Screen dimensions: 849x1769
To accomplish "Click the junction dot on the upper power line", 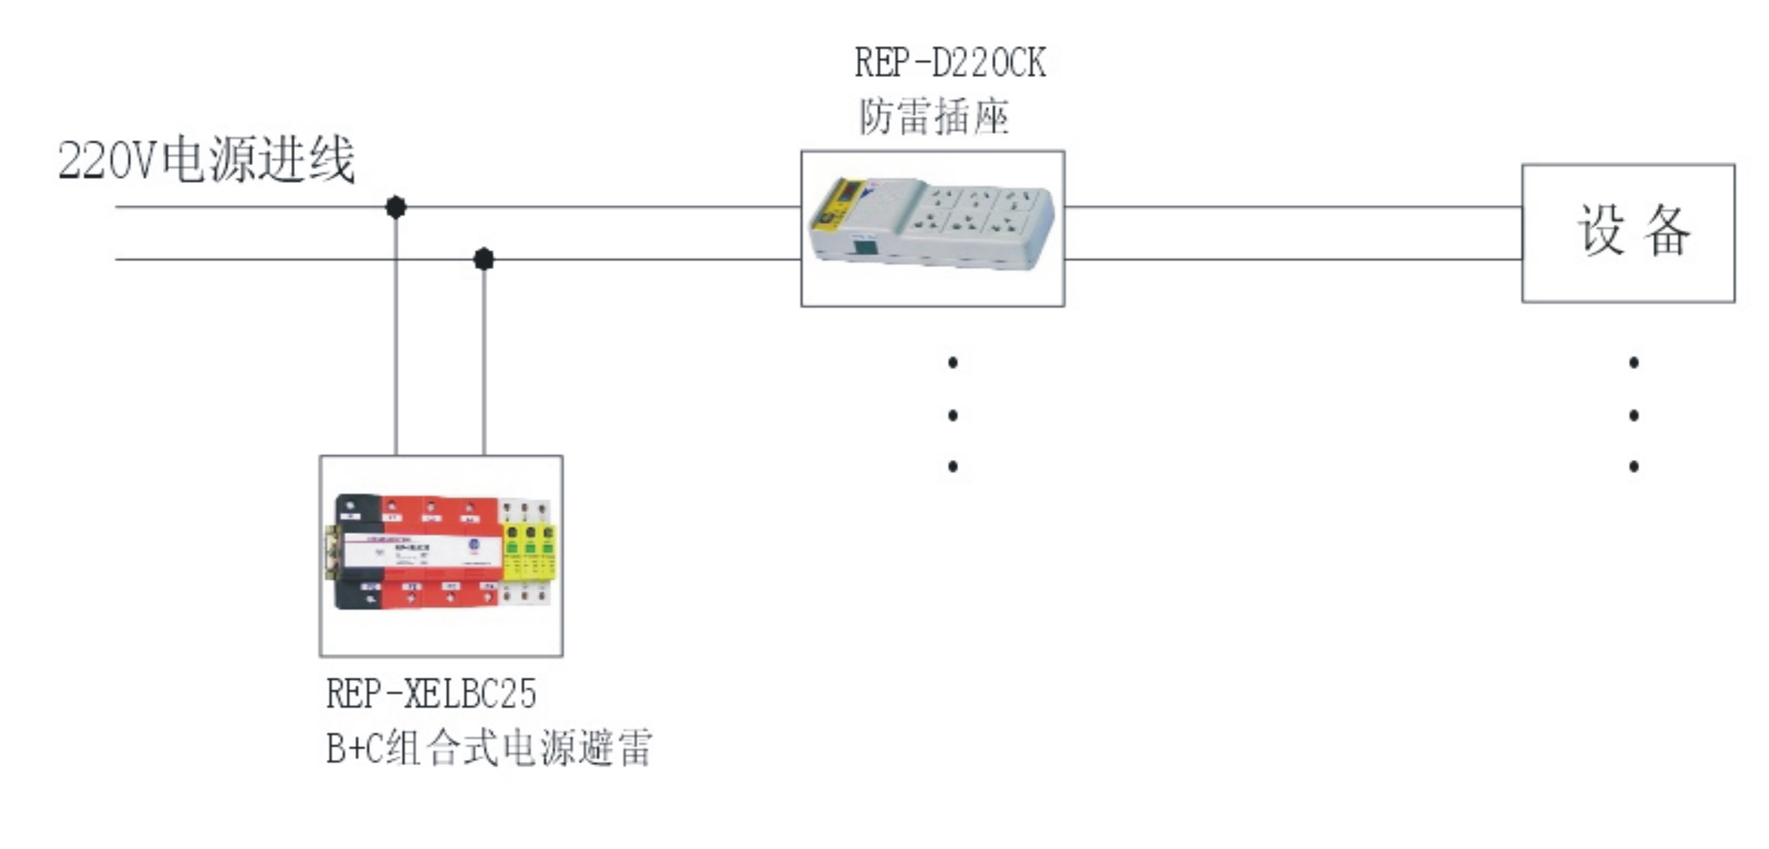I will click(x=396, y=207).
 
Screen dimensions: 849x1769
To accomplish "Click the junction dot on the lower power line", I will click(x=484, y=259).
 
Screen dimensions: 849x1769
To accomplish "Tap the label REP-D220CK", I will click(x=950, y=63).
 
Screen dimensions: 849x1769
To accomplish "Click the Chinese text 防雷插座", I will click(x=934, y=117).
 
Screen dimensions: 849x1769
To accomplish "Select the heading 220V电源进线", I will click(x=206, y=160).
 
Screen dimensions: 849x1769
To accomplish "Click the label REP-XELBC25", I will click(x=430, y=693).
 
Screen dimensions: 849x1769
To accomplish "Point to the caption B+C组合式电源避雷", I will click(x=489, y=747).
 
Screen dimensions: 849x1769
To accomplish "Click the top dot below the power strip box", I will click(x=952, y=362).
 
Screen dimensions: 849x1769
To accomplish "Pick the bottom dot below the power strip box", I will click(x=952, y=467).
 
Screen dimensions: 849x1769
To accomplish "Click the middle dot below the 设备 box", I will click(x=1634, y=415).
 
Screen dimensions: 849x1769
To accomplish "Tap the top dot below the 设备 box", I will click(x=1634, y=362).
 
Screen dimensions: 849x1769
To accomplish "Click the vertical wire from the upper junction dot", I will click(x=396, y=343).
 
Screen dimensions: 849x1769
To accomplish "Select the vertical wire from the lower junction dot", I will click(x=484, y=364).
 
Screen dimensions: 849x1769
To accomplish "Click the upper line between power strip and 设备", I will click(x=1291, y=206).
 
